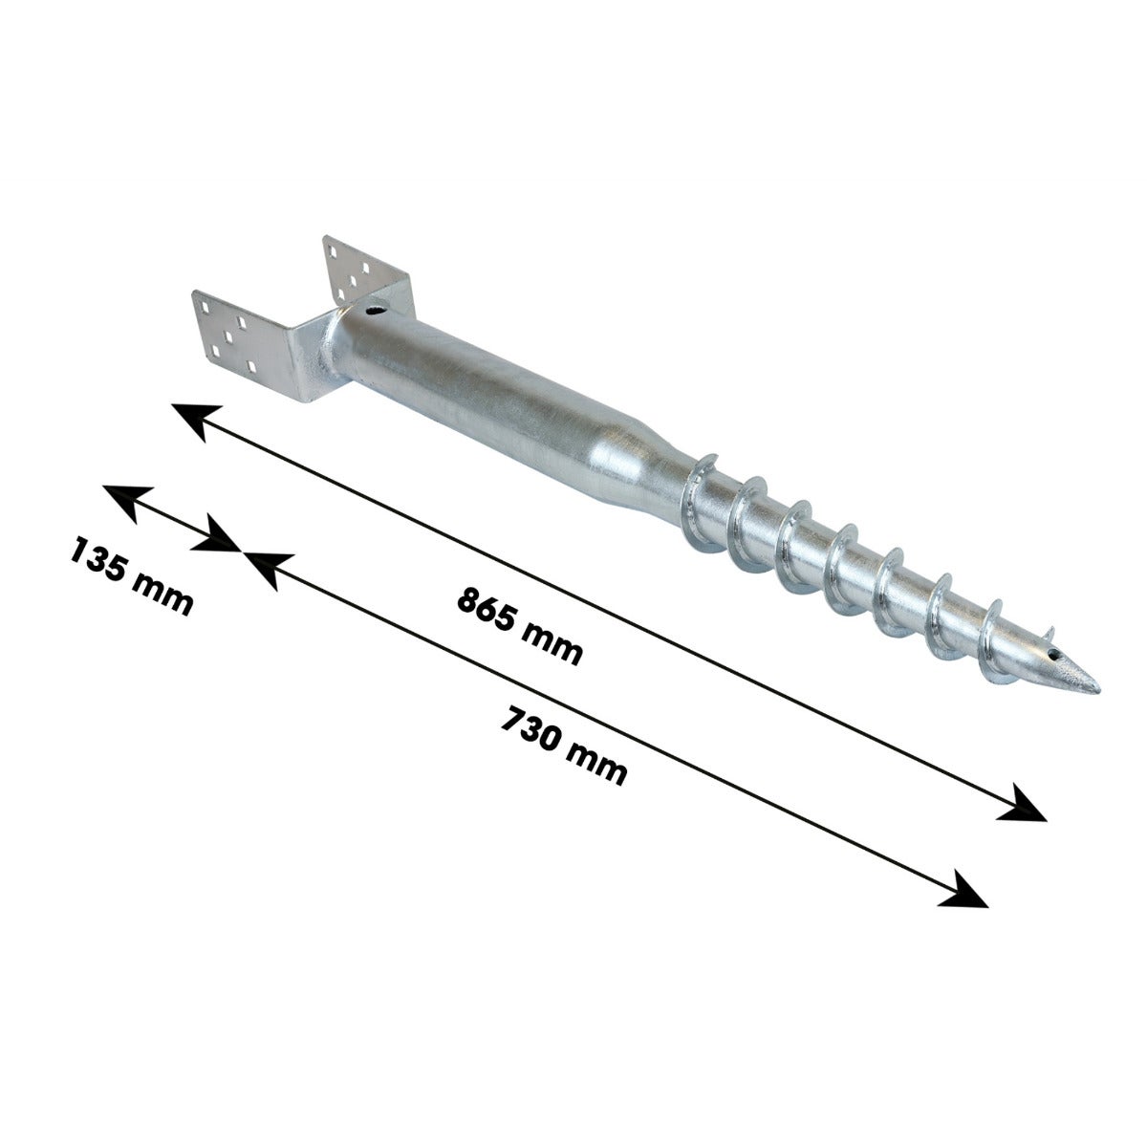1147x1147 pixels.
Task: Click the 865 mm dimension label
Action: pos(519,625)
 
